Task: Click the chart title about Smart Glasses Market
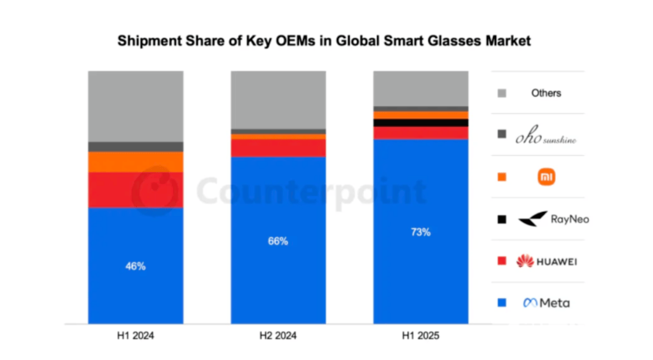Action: click(x=324, y=41)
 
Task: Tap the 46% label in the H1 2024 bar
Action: click(x=135, y=266)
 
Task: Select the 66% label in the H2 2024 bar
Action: click(x=278, y=241)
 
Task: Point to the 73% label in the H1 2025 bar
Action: click(x=420, y=232)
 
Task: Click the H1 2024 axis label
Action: click(x=135, y=336)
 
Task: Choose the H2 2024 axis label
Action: click(x=278, y=336)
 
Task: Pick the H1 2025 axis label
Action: click(x=420, y=336)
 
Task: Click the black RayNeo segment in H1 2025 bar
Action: click(x=420, y=123)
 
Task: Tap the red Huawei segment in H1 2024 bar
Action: click(x=135, y=190)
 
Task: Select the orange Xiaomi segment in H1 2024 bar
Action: click(x=135, y=162)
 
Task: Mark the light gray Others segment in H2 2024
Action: click(x=278, y=99)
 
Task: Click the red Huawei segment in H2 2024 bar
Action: click(x=278, y=148)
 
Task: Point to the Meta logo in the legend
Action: click(x=546, y=303)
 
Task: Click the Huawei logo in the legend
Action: click(x=546, y=261)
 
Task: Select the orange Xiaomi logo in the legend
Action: click(x=547, y=177)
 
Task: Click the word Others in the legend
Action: click(x=546, y=93)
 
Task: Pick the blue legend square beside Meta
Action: click(x=502, y=303)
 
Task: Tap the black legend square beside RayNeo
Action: click(x=502, y=219)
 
